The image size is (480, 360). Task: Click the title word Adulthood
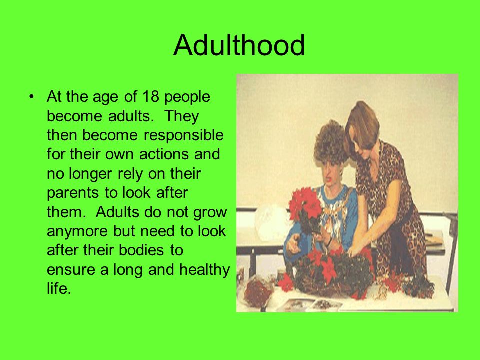[239, 45]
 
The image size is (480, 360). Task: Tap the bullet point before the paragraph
[31, 97]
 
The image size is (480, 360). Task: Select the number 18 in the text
[151, 96]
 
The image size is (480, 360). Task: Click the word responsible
[183, 135]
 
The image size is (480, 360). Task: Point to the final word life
[59, 288]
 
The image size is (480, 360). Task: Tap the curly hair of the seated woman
[331, 142]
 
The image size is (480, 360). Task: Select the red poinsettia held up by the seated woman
[305, 203]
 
